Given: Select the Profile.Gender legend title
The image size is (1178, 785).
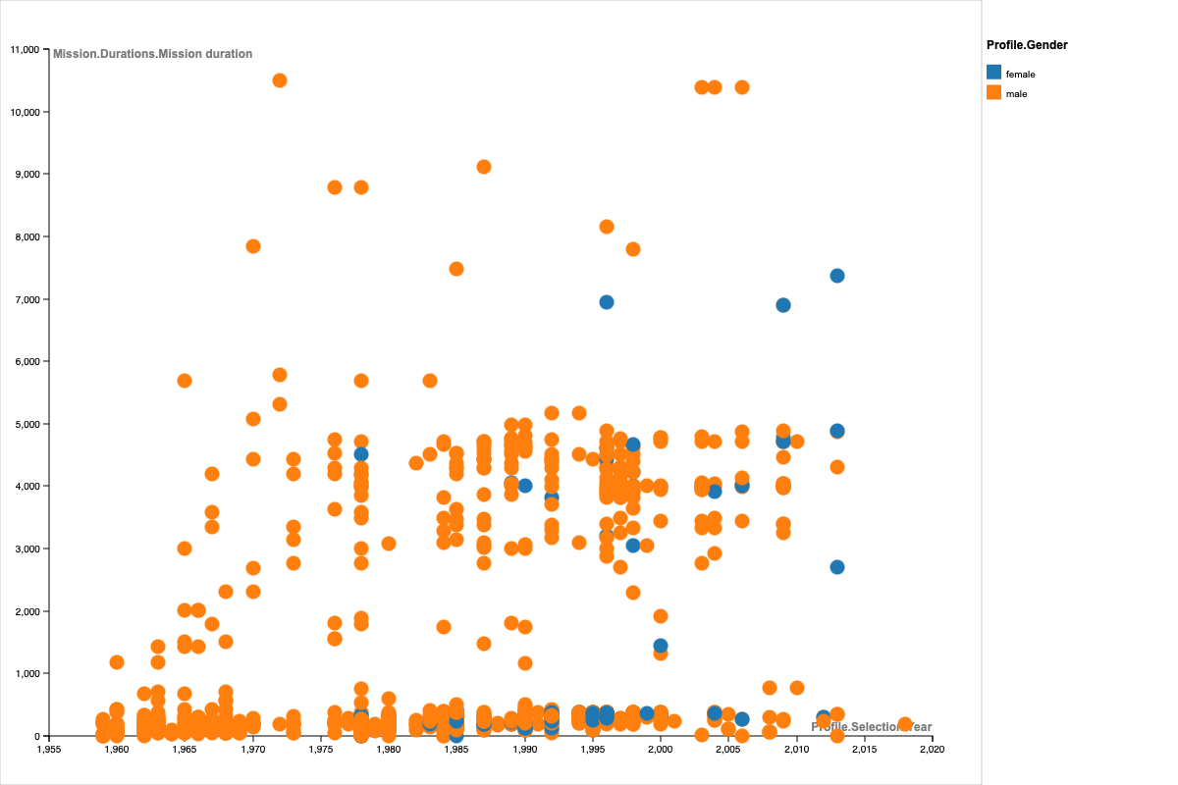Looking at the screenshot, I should (x=1027, y=45).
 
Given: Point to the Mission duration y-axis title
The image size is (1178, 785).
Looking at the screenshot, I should (x=152, y=54).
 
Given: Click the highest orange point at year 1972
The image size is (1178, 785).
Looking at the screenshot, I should (x=280, y=80).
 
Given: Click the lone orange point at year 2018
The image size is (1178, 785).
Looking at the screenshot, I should (x=905, y=724).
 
